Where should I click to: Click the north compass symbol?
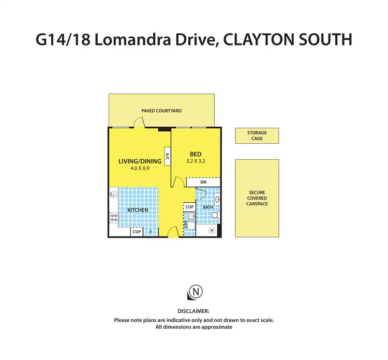[194, 293]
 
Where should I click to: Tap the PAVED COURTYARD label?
[161, 111]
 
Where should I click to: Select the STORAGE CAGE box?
[257, 136]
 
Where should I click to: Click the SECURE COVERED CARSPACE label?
[257, 198]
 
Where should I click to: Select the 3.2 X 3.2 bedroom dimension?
[196, 161]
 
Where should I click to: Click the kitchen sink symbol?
[113, 196]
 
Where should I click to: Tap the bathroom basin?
[217, 199]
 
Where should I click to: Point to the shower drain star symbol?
[211, 231]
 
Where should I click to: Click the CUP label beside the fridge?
[137, 232]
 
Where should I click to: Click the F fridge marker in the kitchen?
[150, 232]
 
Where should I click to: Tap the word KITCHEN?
[138, 210]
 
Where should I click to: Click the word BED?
[196, 154]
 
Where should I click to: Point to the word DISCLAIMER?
[193, 311]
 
